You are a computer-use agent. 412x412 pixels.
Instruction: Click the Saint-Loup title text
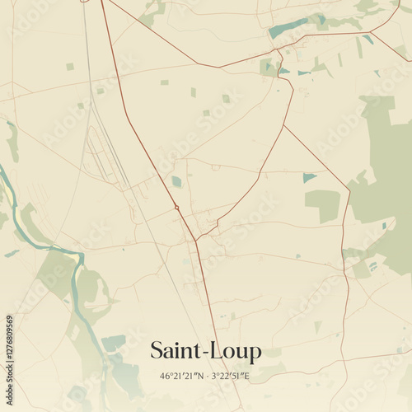(x=206, y=351)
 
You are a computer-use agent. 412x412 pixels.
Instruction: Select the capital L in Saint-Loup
(x=221, y=351)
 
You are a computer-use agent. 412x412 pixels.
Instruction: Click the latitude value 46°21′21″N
(x=185, y=377)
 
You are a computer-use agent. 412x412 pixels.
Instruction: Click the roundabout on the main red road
(x=176, y=207)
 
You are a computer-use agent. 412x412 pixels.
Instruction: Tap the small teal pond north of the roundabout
(x=176, y=181)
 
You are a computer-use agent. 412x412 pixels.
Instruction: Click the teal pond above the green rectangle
(x=309, y=177)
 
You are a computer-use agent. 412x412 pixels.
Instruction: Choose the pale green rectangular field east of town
(x=322, y=204)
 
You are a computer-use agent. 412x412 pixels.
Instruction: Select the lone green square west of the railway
(x=70, y=67)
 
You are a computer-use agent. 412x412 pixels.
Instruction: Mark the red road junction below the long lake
(x=278, y=52)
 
